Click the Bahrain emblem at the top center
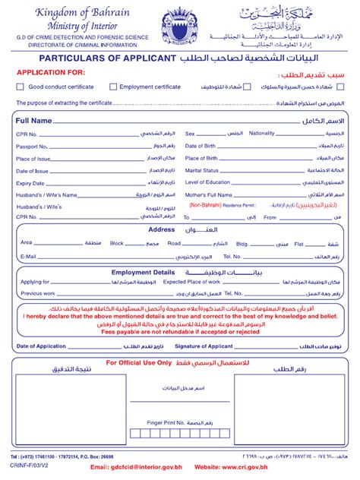(178, 27)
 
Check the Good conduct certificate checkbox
(21, 87)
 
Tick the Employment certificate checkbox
(113, 87)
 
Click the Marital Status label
(202, 170)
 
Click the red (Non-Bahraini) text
(206, 205)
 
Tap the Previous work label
(38, 292)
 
